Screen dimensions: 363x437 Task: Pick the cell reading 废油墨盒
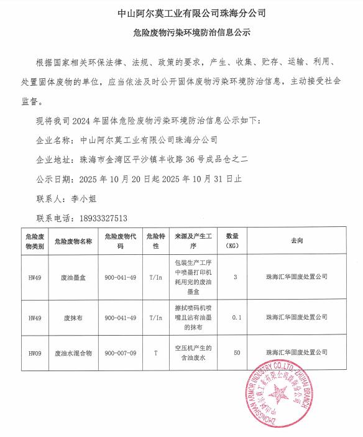point(73,278)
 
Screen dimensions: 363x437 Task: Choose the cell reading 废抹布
point(73,317)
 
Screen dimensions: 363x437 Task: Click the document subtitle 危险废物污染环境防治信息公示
point(182,31)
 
